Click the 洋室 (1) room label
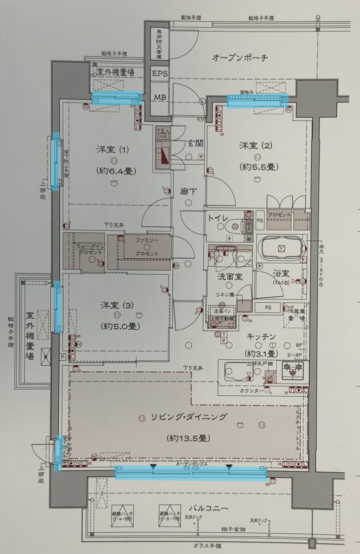click(x=113, y=149)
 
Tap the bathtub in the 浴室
click(x=282, y=248)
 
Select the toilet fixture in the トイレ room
click(x=232, y=227)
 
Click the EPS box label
click(x=160, y=73)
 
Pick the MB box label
click(x=160, y=97)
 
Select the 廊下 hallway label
click(x=188, y=191)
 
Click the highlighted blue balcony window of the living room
click(x=191, y=472)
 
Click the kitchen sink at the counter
click(x=239, y=371)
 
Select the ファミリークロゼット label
click(x=148, y=246)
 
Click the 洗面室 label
click(x=230, y=277)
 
